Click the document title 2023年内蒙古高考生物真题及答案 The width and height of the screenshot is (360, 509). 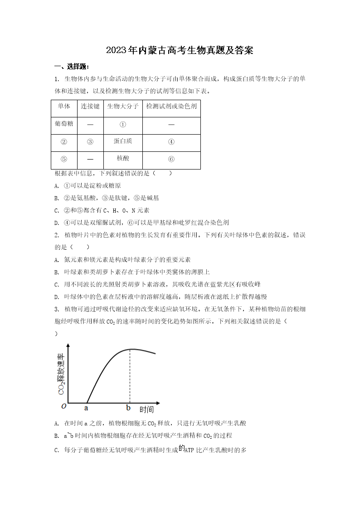point(180,50)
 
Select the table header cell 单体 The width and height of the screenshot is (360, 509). point(64,107)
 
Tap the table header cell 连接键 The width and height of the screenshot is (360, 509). point(90,107)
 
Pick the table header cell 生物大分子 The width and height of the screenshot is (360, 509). point(123,107)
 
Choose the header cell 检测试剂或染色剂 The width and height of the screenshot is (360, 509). point(171,107)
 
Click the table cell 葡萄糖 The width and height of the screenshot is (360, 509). point(64,124)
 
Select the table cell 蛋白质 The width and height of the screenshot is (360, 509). point(123,141)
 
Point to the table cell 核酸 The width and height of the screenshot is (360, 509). point(123,158)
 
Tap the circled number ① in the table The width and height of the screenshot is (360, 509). point(123,124)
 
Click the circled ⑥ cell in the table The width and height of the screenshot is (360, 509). point(171,159)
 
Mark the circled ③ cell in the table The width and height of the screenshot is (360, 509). point(90,142)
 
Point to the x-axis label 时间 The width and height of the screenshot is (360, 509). point(146,410)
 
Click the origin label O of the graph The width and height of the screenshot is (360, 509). point(63,406)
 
